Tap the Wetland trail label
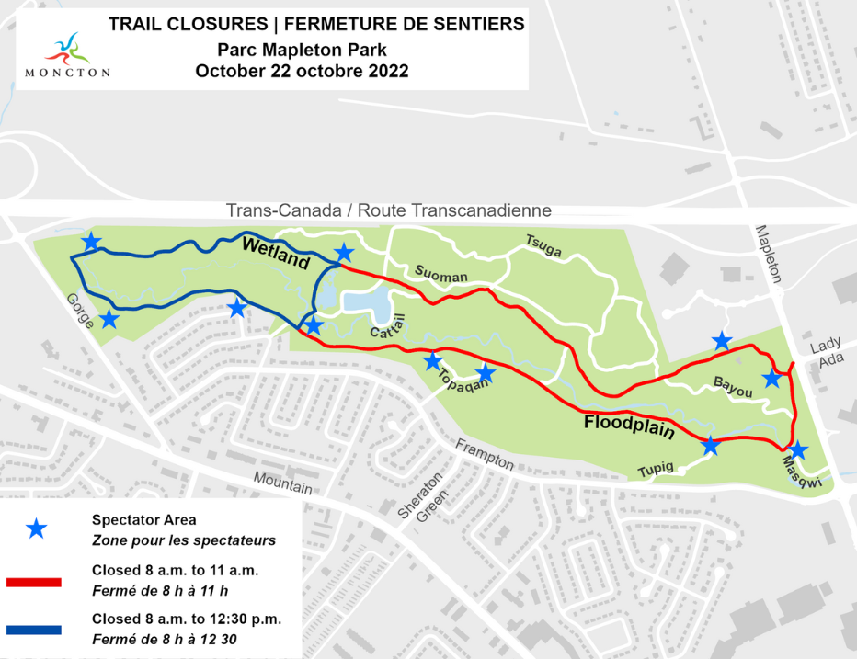[275, 253]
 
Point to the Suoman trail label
[441, 275]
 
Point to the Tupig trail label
[656, 470]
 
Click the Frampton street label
[485, 453]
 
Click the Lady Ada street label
[826, 353]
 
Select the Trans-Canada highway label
[389, 210]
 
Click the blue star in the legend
[35, 528]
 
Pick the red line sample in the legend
[33, 582]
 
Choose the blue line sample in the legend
[33, 630]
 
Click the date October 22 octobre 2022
[302, 71]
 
